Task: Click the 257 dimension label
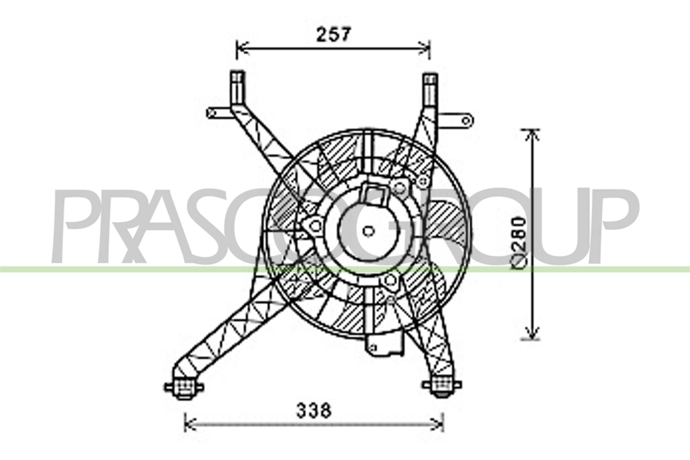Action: pyautogui.click(x=333, y=34)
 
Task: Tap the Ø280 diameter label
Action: pyautogui.click(x=520, y=243)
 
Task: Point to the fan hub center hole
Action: pyautogui.click(x=368, y=231)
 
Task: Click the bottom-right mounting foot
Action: pyautogui.click(x=442, y=385)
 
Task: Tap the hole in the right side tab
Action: pyautogui.click(x=465, y=120)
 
